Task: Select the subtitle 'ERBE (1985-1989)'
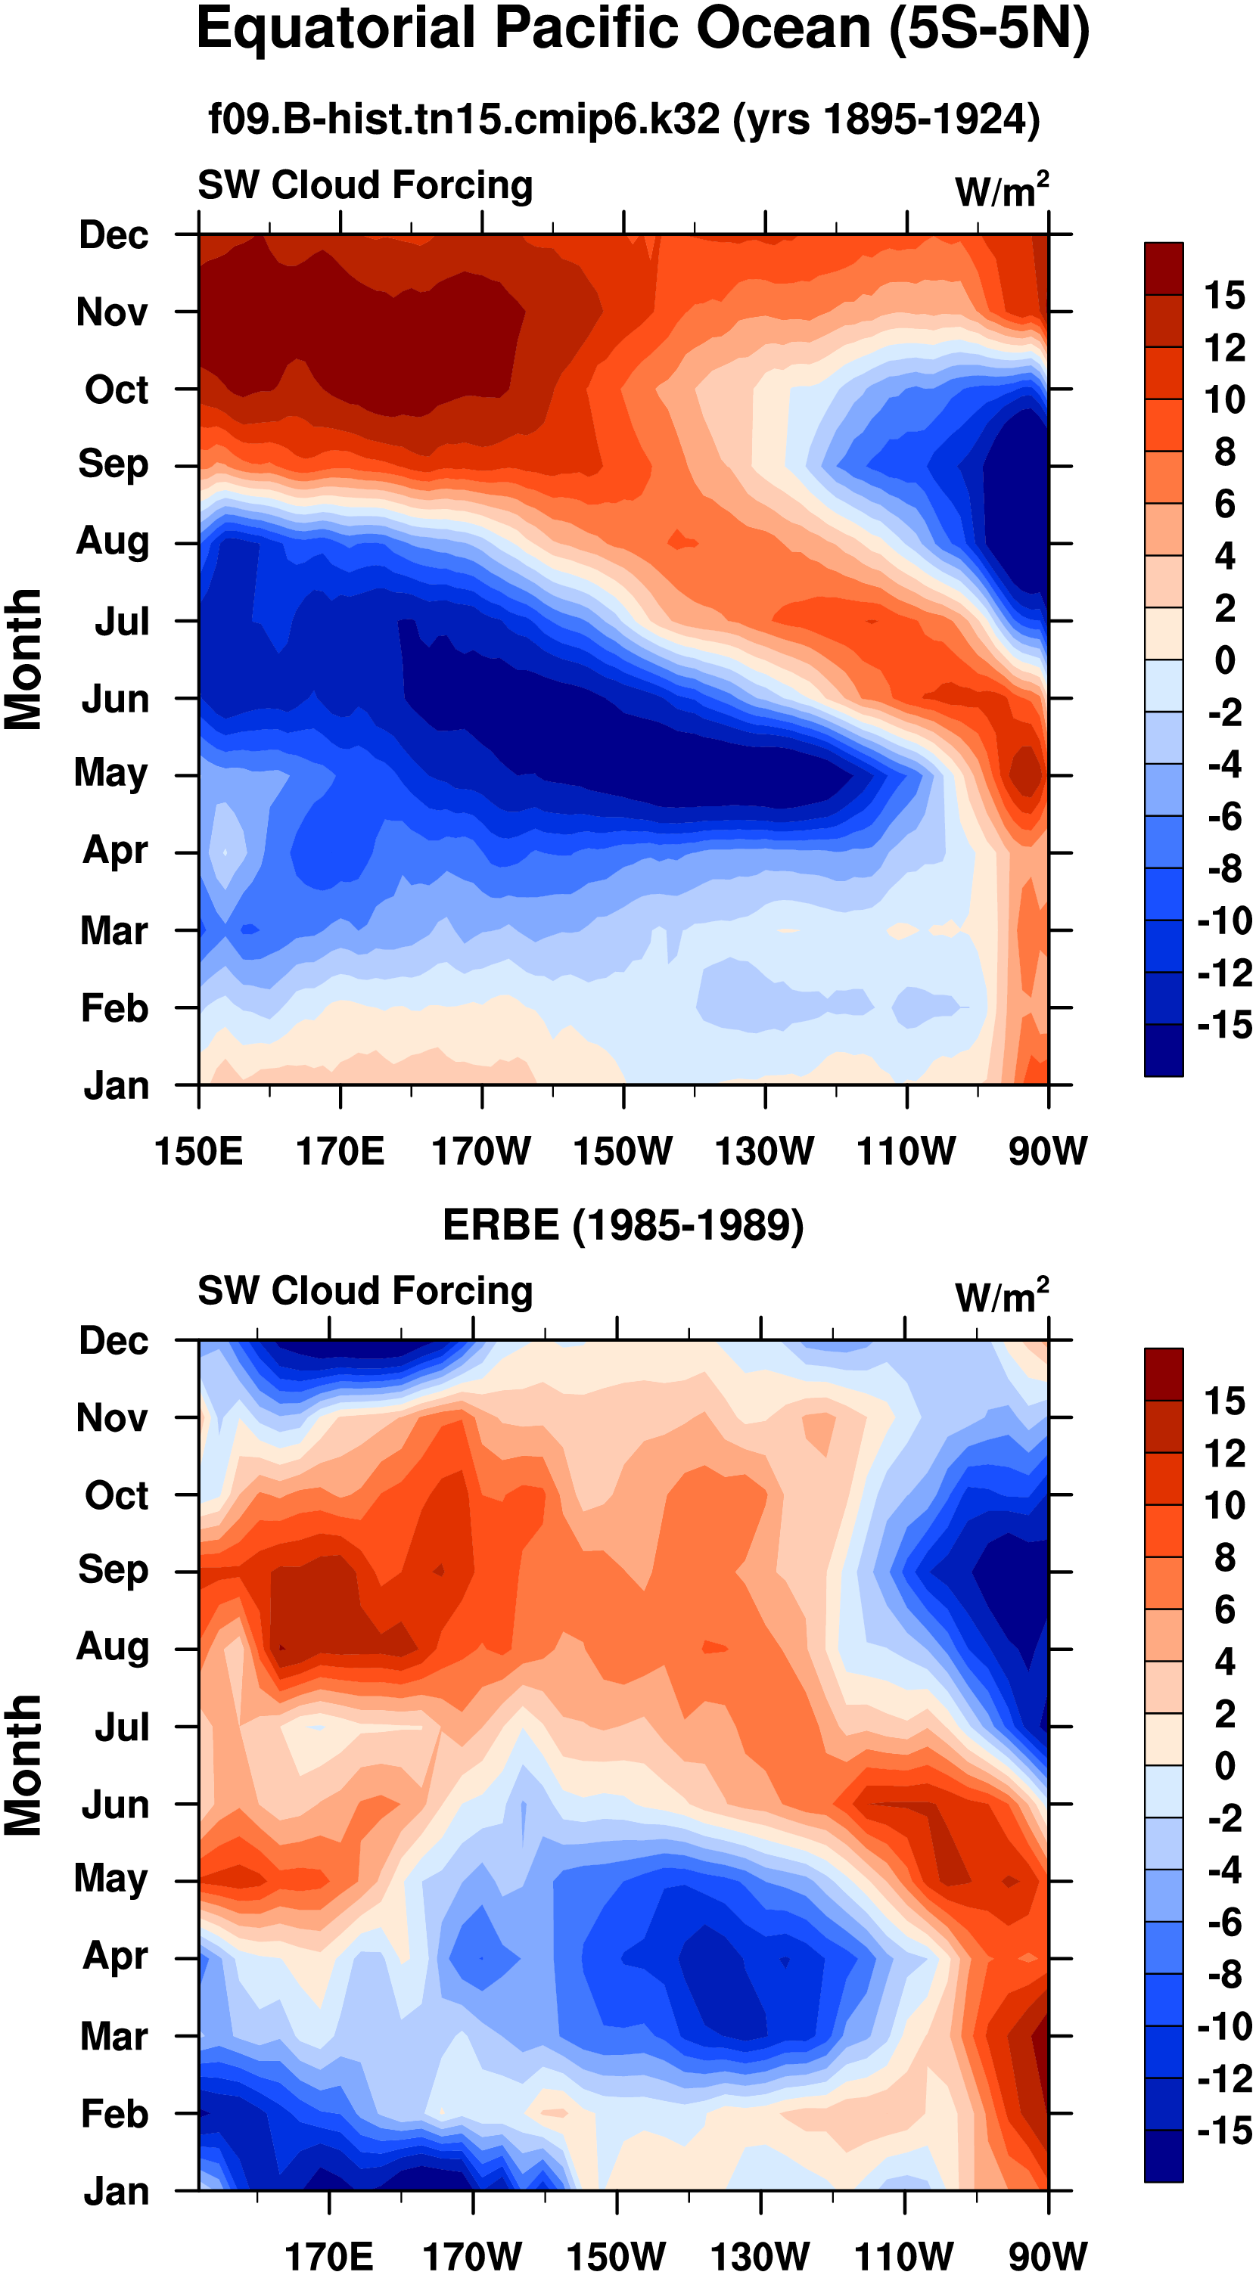click(623, 1226)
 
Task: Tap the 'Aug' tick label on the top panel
click(112, 541)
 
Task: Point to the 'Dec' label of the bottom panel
click(113, 1341)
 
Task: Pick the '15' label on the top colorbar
click(1223, 295)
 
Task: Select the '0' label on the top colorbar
click(1224, 660)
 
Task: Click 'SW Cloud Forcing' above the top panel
click(365, 185)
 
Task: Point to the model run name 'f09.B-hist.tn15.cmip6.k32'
click(464, 118)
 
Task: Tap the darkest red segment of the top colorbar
click(1163, 268)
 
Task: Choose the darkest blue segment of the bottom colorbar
click(1163, 2156)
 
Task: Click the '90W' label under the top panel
click(1048, 1152)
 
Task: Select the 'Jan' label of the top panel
click(116, 1085)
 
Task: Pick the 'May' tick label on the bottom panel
click(110, 1879)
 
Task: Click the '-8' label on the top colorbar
click(1224, 868)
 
